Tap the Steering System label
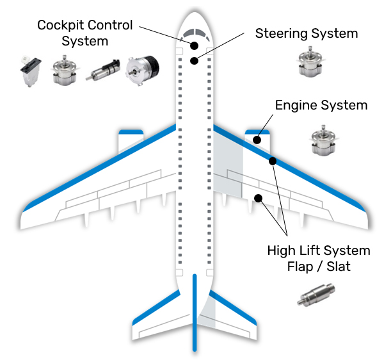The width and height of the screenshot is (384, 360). tap(306, 33)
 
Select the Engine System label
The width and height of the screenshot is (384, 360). tap(321, 105)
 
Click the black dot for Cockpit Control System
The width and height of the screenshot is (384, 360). tap(194, 45)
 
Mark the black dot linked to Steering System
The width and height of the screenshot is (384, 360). tap(193, 61)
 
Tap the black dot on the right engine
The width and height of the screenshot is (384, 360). tap(257, 139)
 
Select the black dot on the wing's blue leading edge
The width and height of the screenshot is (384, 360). tap(273, 161)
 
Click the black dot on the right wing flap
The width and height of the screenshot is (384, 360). tap(259, 198)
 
